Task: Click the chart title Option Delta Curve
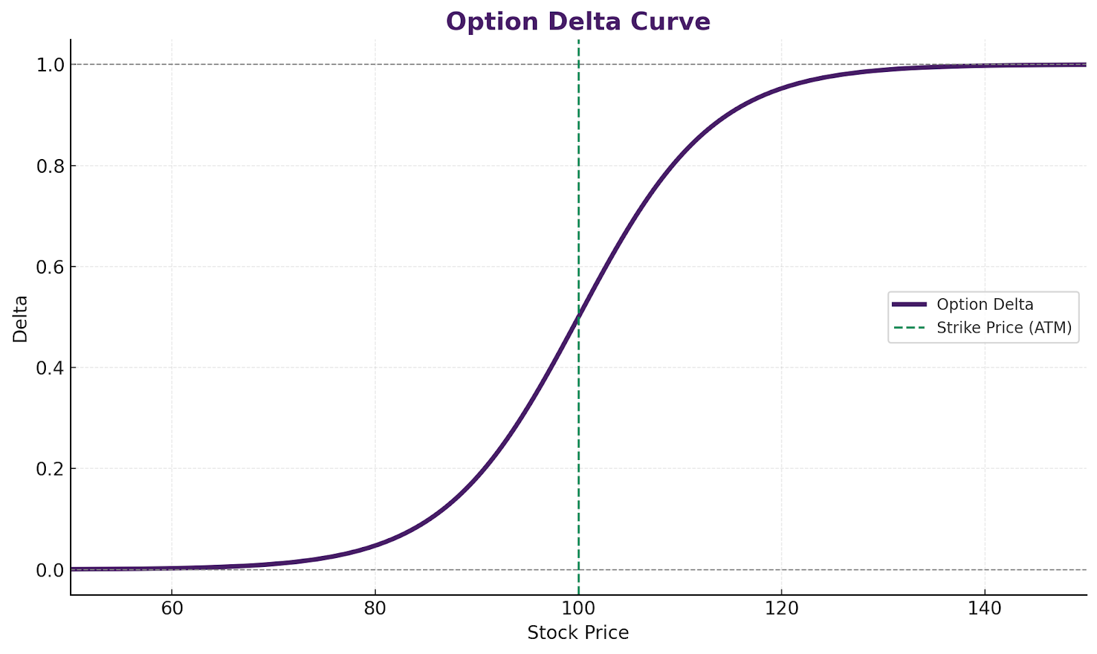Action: [578, 21]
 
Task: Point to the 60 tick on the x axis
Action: [171, 608]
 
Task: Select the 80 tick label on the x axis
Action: [375, 608]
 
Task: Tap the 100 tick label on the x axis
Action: [578, 608]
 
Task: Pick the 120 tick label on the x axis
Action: [782, 608]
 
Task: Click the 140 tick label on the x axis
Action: [985, 608]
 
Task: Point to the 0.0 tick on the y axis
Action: [49, 570]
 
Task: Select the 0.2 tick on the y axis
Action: [49, 469]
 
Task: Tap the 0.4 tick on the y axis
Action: [49, 368]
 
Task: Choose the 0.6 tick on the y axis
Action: [49, 267]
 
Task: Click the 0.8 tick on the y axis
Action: [49, 166]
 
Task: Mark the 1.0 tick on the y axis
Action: [49, 65]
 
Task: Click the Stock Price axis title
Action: [578, 633]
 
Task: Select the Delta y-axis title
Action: [21, 318]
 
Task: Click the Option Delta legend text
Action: [985, 304]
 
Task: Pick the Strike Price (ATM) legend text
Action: [1004, 328]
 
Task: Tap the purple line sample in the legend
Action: [909, 304]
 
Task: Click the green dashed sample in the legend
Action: [909, 328]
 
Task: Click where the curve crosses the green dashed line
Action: [579, 317]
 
